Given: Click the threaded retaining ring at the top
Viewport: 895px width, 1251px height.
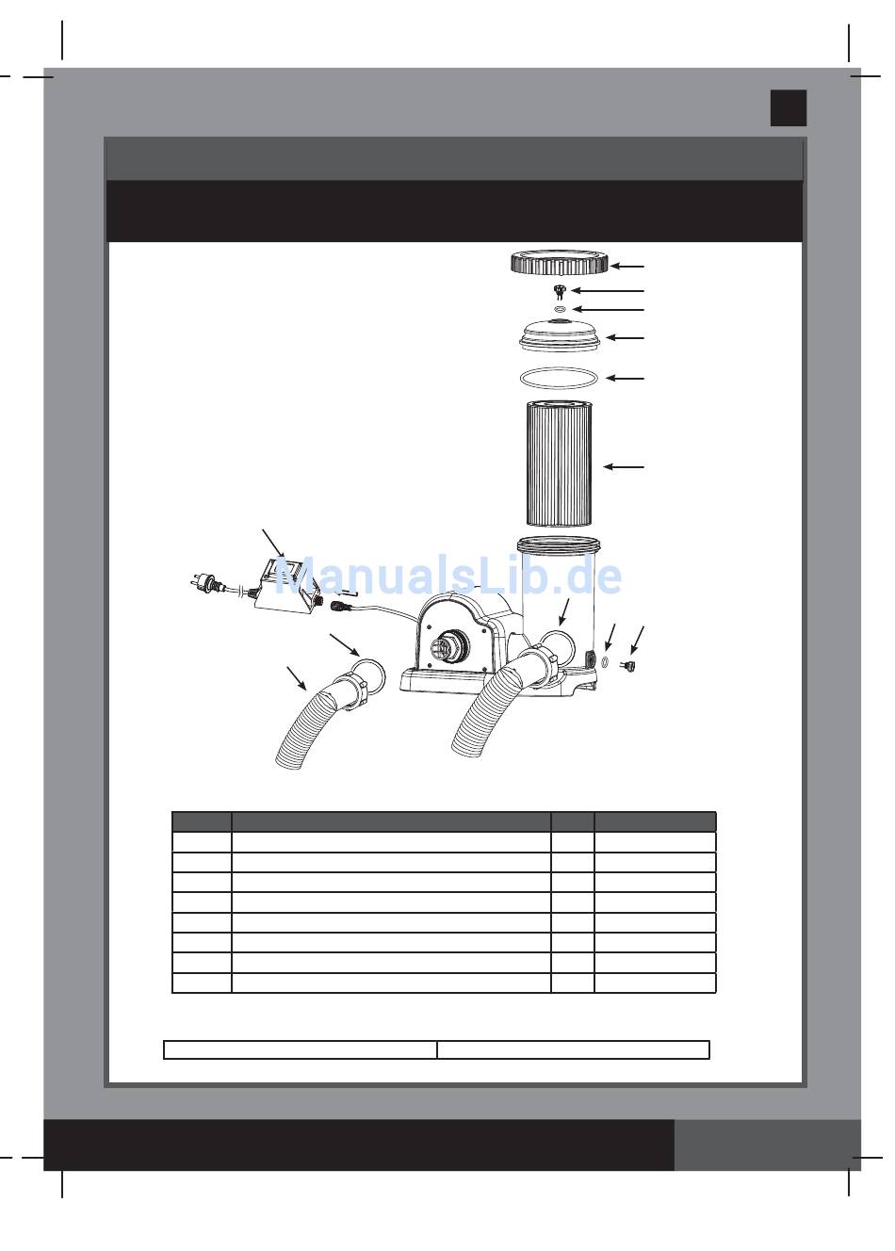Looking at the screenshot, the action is tap(560, 262).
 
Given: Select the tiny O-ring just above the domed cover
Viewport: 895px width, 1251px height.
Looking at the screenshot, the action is tap(561, 308).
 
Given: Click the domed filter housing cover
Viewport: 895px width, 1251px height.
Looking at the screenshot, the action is tap(561, 335).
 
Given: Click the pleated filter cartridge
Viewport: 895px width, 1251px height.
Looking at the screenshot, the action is tap(560, 463).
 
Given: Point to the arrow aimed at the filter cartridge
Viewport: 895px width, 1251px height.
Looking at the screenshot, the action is tap(623, 465).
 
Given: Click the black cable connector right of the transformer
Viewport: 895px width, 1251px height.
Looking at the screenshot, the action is tap(341, 606).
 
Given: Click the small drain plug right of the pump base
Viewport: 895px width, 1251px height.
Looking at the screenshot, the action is tap(628, 666).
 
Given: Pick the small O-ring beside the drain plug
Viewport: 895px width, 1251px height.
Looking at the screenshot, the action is tap(605, 662).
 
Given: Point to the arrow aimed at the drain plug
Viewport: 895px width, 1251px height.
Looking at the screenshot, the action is tap(637, 640).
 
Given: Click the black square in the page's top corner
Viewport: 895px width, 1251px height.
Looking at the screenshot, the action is tap(789, 107).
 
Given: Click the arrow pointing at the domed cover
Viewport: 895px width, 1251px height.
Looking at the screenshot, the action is tap(625, 338).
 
